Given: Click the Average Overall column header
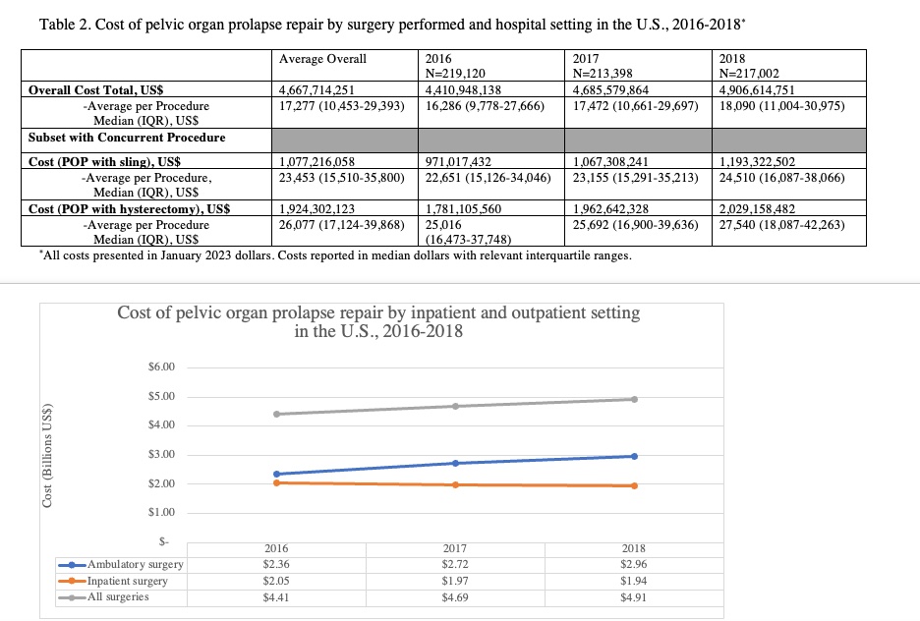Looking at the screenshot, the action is [322, 59].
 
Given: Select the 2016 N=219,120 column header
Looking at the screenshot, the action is [455, 66].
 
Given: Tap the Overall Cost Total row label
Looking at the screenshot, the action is [95, 89].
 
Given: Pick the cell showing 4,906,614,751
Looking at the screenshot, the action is [757, 89].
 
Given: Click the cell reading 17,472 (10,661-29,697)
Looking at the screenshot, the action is [635, 106].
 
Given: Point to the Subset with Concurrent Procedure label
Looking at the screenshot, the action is [127, 138].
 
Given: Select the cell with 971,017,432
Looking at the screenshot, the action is [458, 161].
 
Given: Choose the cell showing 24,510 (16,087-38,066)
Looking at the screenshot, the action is [782, 177].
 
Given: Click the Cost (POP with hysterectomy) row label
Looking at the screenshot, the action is [129, 208].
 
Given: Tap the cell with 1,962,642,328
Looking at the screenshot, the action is [610, 208].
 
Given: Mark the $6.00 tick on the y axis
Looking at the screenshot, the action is [161, 367].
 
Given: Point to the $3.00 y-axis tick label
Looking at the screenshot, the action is [161, 454].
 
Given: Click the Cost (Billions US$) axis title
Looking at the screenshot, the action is [47, 455].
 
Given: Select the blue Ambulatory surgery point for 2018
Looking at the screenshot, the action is [634, 456].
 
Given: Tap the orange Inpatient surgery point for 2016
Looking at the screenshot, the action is [276, 482].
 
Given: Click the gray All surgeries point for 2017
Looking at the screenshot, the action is [455, 406].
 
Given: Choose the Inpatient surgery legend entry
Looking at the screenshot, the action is [113, 581].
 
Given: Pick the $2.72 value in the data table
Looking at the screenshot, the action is [455, 564].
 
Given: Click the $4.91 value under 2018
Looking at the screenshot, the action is [634, 597].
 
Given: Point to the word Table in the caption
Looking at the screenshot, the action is [55, 25].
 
